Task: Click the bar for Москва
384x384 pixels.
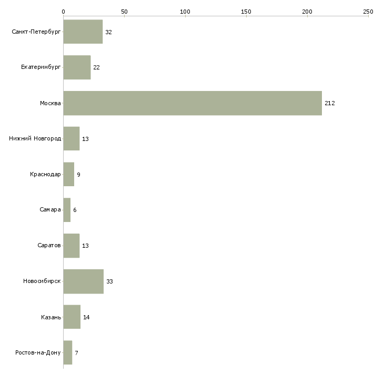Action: click(193, 103)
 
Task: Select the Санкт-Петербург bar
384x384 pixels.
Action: click(83, 32)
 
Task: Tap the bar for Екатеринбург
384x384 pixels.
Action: click(77, 67)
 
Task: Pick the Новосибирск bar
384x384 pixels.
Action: click(84, 281)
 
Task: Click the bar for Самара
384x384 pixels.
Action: click(67, 210)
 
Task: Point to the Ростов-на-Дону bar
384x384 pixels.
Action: click(68, 352)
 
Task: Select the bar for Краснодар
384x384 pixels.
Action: click(69, 174)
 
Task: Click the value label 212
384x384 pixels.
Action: click(330, 103)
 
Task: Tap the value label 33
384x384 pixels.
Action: click(109, 281)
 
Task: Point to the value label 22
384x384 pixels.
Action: click(96, 67)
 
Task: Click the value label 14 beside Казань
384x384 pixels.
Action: click(86, 317)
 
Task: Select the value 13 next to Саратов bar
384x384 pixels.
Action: click(85, 246)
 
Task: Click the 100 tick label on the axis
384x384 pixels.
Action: click(185, 12)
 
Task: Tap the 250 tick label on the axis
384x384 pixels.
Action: click(368, 12)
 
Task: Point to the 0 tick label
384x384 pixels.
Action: click(64, 12)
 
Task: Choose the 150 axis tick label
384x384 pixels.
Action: click(246, 12)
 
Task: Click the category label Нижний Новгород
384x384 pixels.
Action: click(35, 139)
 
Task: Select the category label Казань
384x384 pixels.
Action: click(51, 317)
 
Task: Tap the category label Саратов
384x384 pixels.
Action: click(49, 245)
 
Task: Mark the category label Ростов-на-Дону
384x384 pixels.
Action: click(38, 352)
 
